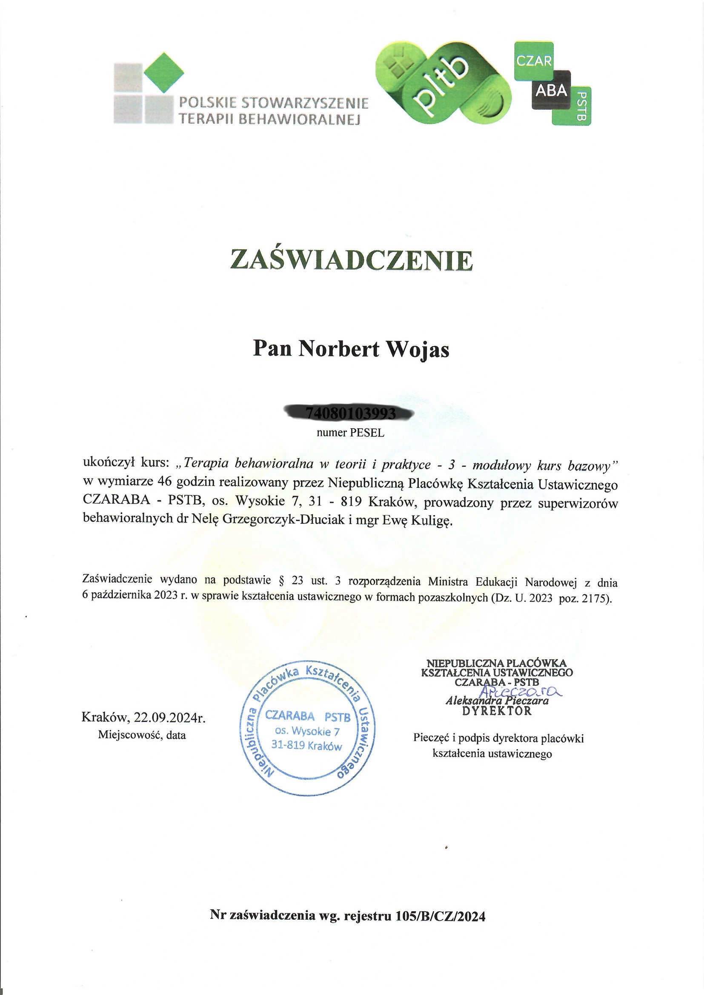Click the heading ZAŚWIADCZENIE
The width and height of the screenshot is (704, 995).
[x=352, y=260]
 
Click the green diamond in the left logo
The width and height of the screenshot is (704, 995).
[x=163, y=72]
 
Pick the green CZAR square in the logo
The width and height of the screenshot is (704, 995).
[x=534, y=61]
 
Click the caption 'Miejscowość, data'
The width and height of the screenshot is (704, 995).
[x=142, y=735]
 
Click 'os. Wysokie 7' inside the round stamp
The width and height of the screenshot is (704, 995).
[x=307, y=731]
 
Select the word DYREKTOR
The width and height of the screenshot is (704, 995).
[x=496, y=711]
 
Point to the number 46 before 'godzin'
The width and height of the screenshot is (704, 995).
[x=166, y=482]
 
